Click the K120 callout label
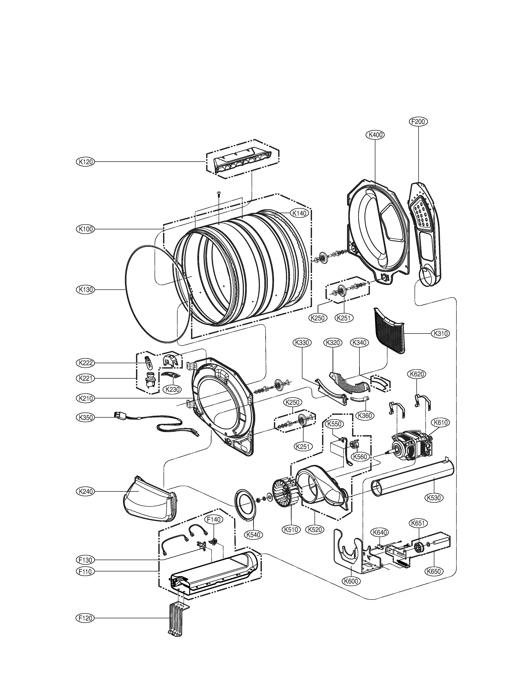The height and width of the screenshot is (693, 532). [x=86, y=162]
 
